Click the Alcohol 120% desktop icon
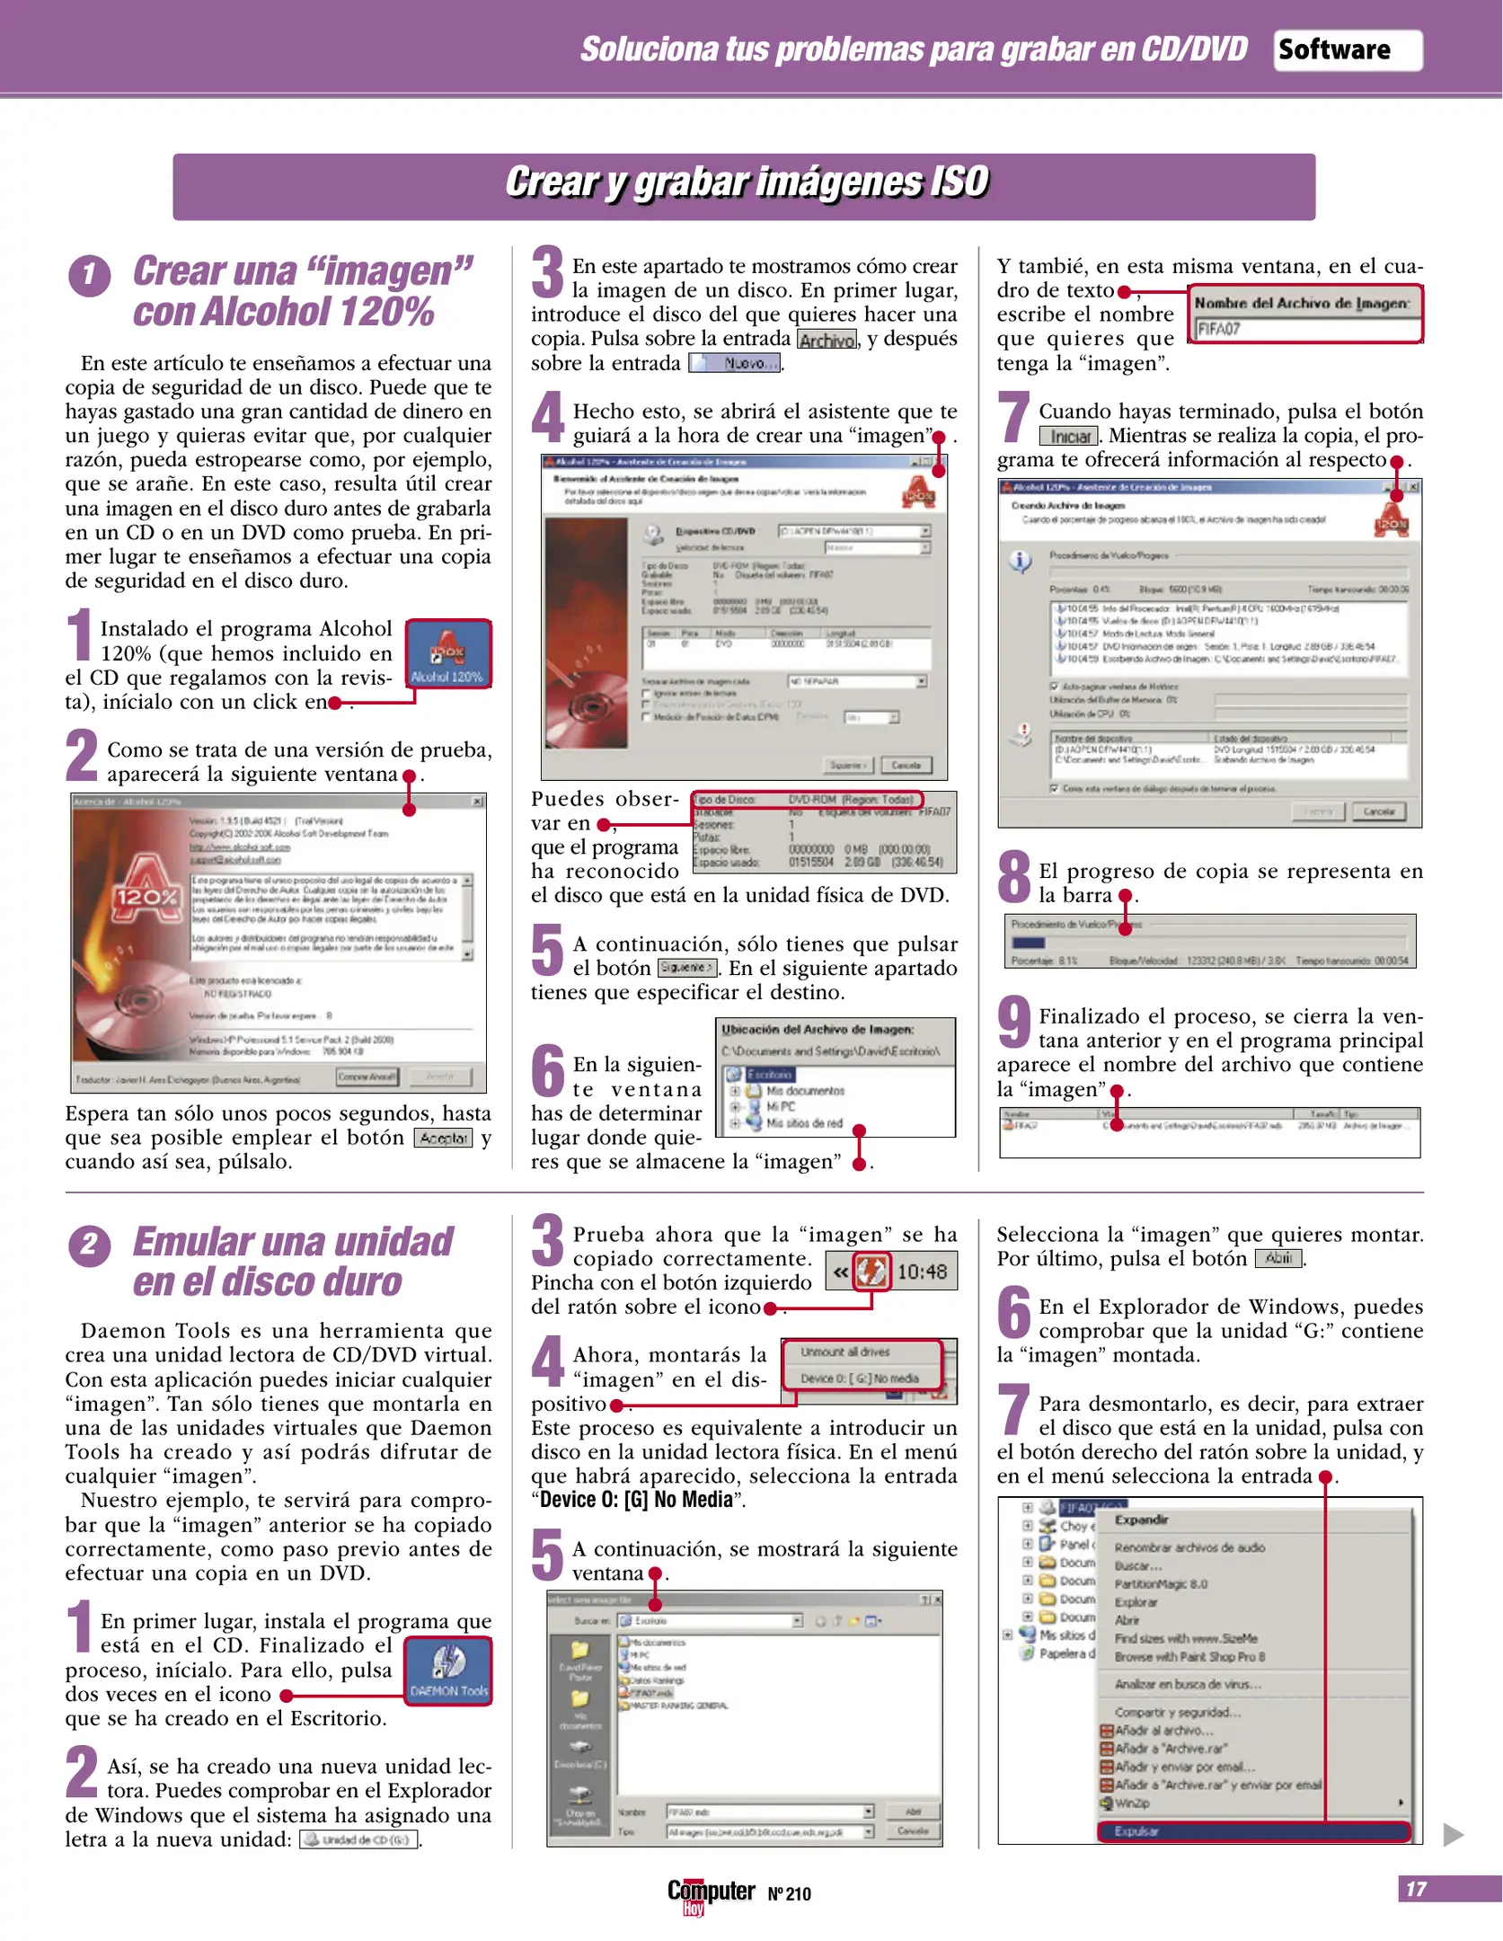pyautogui.click(x=447, y=654)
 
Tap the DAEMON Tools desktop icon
pyautogui.click(x=447, y=1671)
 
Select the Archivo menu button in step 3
pyautogui.click(x=827, y=340)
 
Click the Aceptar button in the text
pyautogui.click(x=443, y=1138)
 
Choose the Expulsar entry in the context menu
pyautogui.click(x=1252, y=1830)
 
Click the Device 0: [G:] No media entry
pyautogui.click(x=860, y=1378)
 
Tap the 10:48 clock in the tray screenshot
pyautogui.click(x=923, y=1272)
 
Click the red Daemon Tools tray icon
pyautogui.click(x=871, y=1272)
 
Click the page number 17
pyautogui.click(x=1417, y=1889)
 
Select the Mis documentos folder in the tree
pyautogui.click(x=805, y=1090)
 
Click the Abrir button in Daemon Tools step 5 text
pyautogui.click(x=1278, y=1258)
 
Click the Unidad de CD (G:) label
pyautogui.click(x=358, y=1839)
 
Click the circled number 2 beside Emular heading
pyautogui.click(x=89, y=1245)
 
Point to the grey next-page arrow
pyautogui.click(x=1453, y=1834)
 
